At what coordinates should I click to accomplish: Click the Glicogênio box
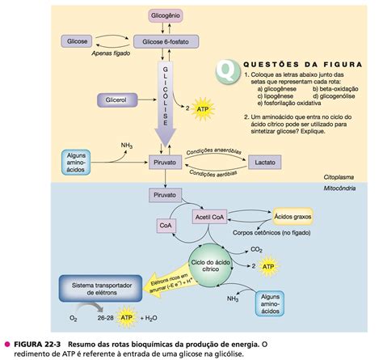[x=166, y=16]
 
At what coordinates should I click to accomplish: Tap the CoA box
[x=166, y=226]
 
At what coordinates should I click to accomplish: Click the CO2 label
[x=257, y=249]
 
